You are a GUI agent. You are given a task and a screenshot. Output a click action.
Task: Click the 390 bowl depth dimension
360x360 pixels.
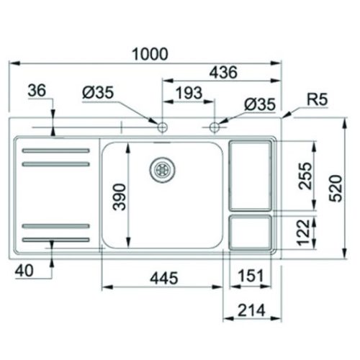(121, 195)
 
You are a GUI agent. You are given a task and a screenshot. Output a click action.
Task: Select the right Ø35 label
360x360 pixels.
(258, 104)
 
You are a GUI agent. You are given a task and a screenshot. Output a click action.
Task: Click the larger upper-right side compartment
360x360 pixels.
(251, 175)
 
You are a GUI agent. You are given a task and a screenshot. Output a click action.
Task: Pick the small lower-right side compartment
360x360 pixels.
(251, 230)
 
